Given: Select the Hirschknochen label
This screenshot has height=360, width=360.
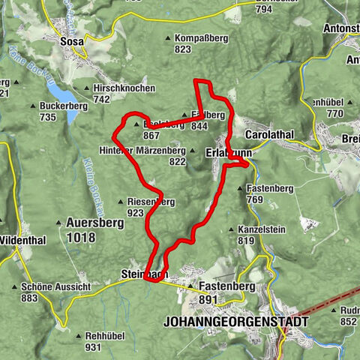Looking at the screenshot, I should (124, 88).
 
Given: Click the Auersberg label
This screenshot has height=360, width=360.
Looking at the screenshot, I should (91, 223).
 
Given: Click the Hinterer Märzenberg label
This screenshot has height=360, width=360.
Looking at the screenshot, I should (142, 151).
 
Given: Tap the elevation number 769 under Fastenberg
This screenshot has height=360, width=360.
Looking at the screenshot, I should (254, 199).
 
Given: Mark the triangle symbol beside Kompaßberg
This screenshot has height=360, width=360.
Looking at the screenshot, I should (167, 38).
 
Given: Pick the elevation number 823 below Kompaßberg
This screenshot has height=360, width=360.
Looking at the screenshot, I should (184, 49).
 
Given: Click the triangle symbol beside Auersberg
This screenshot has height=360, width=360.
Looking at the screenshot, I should (60, 223).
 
